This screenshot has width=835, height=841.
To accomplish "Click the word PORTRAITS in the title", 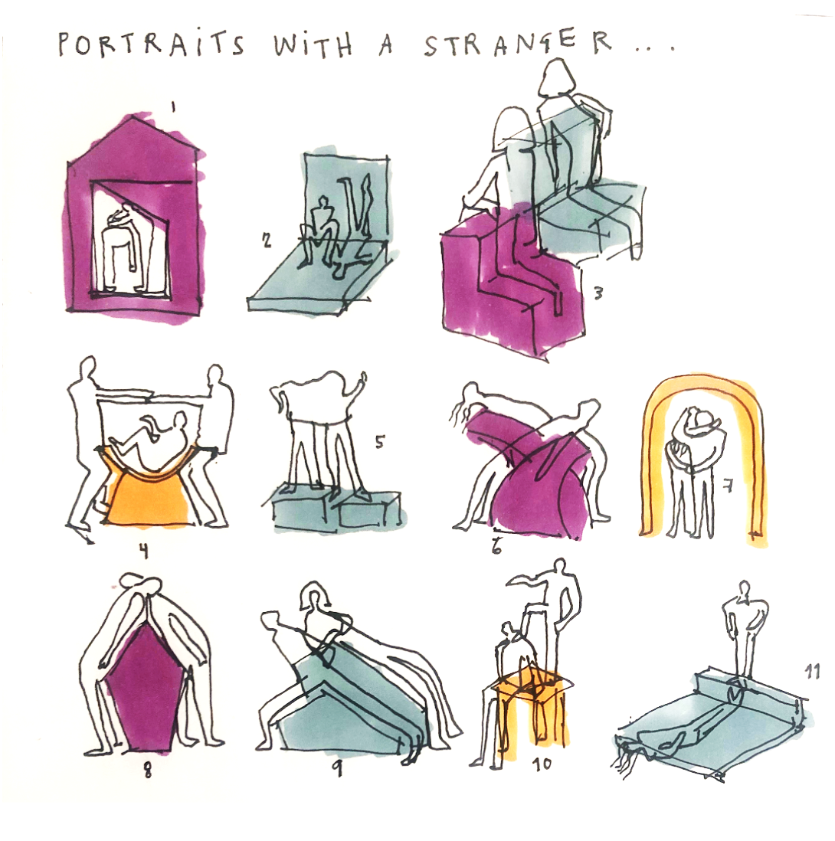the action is coord(151,44).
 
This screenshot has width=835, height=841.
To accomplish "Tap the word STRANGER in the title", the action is coord(518,44).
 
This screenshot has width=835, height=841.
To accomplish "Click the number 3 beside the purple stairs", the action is coord(598,293).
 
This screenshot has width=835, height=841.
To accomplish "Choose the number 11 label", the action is coord(813,671).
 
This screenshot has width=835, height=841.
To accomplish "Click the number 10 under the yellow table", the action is coord(542,763).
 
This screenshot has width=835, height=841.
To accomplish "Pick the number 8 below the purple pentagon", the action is coord(148,770).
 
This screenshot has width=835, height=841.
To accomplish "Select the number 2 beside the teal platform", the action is coord(267,241).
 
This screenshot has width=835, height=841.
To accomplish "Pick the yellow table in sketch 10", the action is coord(531,713).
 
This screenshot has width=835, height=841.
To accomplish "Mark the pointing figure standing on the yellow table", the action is coord(555,617).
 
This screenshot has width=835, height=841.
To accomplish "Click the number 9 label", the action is coord(336,769).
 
